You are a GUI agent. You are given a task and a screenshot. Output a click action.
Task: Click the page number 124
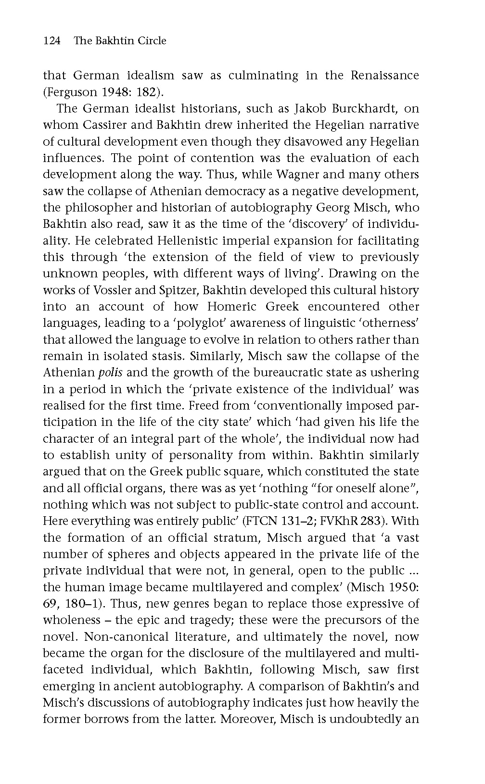click(51, 41)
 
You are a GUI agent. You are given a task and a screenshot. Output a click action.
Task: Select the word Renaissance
click(384, 75)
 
